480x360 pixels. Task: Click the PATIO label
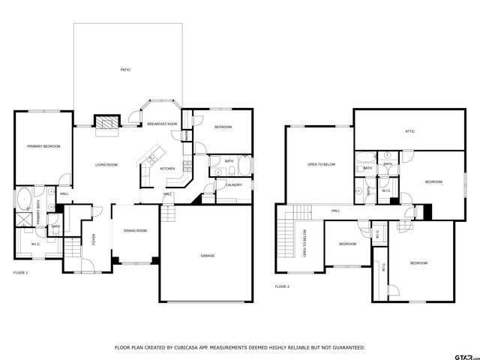click(x=125, y=70)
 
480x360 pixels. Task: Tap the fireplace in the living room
click(x=106, y=123)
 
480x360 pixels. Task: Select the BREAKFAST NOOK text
click(x=161, y=124)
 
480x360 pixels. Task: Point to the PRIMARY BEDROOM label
click(x=43, y=146)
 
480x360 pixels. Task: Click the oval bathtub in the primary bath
click(x=22, y=201)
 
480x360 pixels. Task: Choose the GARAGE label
click(x=207, y=256)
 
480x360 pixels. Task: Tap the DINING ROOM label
click(x=135, y=230)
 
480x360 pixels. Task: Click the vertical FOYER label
click(x=94, y=240)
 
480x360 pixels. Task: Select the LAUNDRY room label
click(x=233, y=184)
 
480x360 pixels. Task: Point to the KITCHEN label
click(x=167, y=169)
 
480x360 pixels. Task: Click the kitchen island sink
click(x=150, y=158)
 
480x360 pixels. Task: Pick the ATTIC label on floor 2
click(x=409, y=131)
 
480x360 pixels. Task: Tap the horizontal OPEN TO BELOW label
click(x=321, y=164)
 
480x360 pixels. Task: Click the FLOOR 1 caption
click(x=21, y=272)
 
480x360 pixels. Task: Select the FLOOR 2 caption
click(x=281, y=286)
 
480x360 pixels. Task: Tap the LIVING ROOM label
click(x=106, y=164)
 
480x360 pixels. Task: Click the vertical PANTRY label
click(x=185, y=136)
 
